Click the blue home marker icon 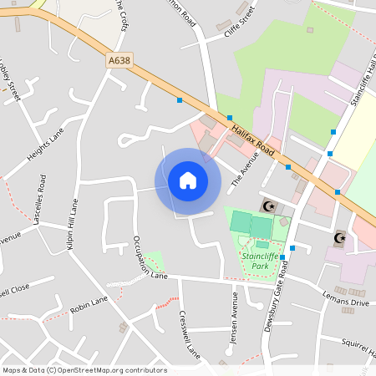click(x=188, y=180)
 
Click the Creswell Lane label click(x=190, y=335)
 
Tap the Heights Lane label click(x=45, y=145)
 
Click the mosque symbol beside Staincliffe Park click(x=268, y=206)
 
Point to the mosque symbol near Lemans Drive click(x=339, y=238)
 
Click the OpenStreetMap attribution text click(x=84, y=370)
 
